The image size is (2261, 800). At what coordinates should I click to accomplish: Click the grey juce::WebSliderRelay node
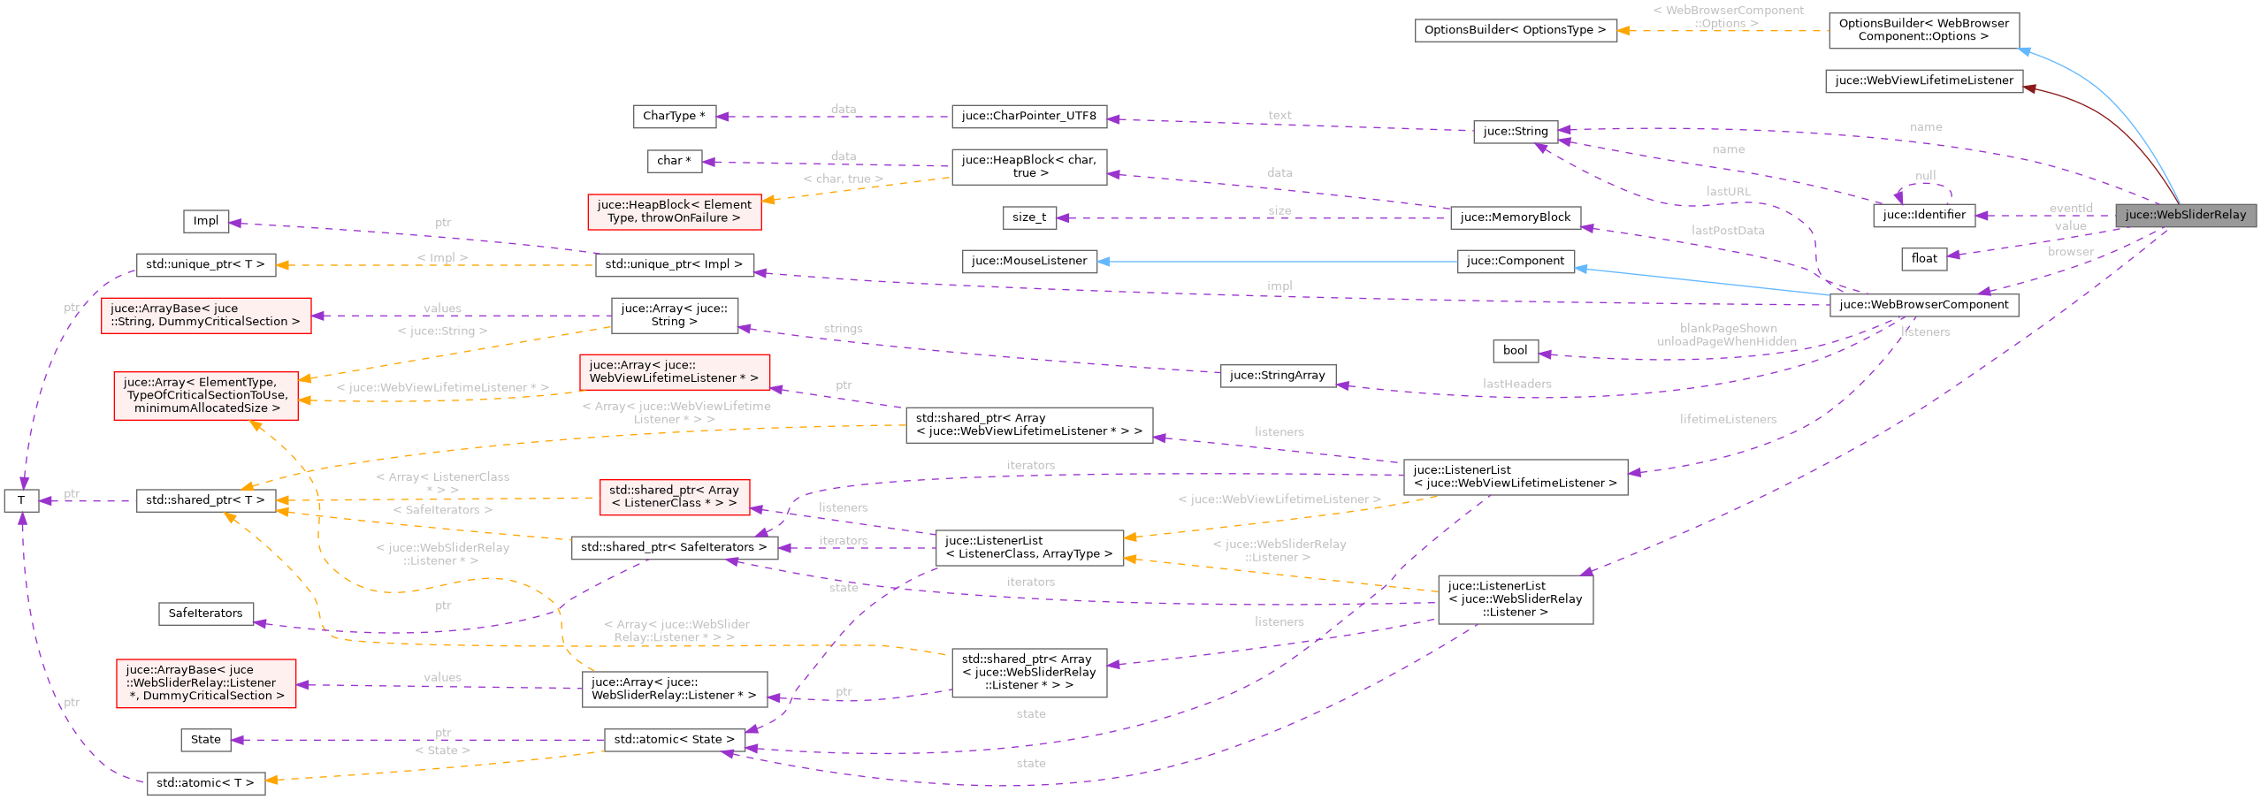click(2185, 215)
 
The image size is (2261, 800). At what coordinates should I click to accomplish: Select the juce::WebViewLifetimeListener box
click(1923, 80)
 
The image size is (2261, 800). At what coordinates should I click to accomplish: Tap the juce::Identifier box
click(1923, 215)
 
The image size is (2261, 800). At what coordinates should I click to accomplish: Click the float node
click(1923, 258)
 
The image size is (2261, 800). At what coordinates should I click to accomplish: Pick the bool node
click(1515, 350)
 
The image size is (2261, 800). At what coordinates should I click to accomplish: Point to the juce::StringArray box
click(1277, 375)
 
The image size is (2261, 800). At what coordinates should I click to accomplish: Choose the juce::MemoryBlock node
click(1515, 217)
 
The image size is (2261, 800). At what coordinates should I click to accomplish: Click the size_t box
click(1029, 217)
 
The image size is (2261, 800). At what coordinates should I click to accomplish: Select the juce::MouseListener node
click(1029, 261)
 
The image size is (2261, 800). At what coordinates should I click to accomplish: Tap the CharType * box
click(674, 116)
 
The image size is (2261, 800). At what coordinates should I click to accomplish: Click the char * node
click(674, 161)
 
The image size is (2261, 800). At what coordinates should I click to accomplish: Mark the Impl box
click(206, 221)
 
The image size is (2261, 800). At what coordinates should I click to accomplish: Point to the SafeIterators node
click(205, 613)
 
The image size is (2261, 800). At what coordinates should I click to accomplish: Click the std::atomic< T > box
click(205, 783)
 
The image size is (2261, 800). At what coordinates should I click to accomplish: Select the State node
click(205, 740)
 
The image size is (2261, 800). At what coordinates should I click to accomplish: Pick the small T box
click(21, 500)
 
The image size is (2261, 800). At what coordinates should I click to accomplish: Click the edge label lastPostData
click(1728, 231)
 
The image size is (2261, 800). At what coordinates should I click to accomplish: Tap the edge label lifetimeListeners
click(1728, 419)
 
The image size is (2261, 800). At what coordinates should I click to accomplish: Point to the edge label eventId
click(2071, 209)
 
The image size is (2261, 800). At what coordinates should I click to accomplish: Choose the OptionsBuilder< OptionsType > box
click(1515, 30)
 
